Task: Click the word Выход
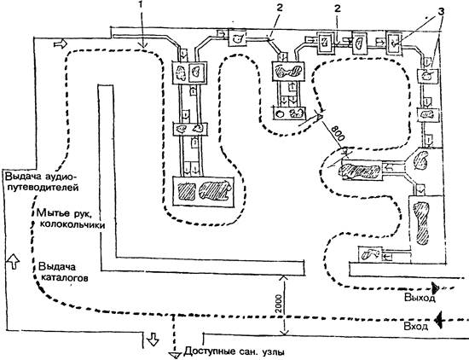point(420,298)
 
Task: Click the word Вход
point(416,326)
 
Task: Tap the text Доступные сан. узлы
point(234,351)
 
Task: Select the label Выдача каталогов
point(64,272)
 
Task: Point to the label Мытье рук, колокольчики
point(71,218)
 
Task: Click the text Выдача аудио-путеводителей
point(41,182)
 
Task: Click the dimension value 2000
point(279,304)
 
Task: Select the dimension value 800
point(338,133)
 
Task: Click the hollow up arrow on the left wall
point(13,260)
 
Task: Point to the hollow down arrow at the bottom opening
point(153,339)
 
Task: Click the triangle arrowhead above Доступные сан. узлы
point(174,355)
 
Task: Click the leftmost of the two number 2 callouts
point(280,8)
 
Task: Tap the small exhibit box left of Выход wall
point(371,254)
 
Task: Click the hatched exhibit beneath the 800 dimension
point(362,171)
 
